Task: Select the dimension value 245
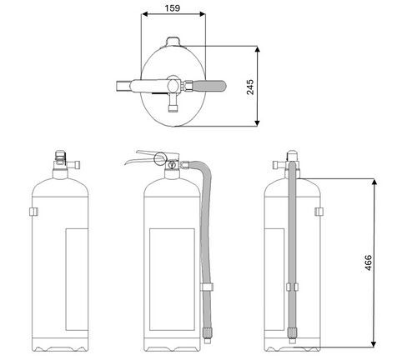coord(249,87)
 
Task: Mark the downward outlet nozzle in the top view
coord(173,103)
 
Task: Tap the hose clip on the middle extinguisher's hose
coord(204,287)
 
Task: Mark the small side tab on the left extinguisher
coord(31,212)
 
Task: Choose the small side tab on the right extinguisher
coord(318,212)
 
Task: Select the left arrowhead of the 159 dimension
coord(145,13)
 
